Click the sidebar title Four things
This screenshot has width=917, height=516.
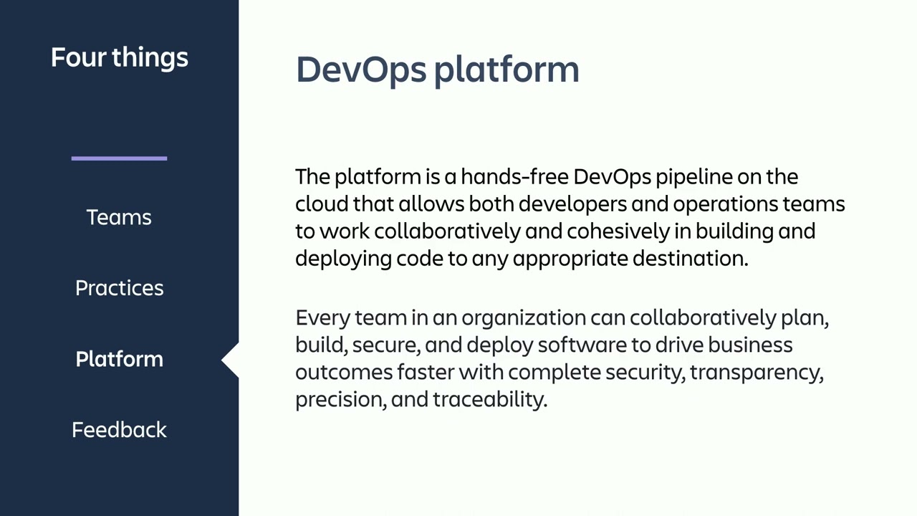point(119,57)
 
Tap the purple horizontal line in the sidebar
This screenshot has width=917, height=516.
point(119,158)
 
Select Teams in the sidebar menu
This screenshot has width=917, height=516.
point(119,217)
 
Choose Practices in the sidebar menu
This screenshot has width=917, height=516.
point(119,288)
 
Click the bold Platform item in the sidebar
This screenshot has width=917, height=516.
point(119,359)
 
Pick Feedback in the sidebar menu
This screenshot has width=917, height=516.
point(119,430)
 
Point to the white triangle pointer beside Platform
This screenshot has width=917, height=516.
point(231,359)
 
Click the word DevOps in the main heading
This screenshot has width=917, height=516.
point(360,70)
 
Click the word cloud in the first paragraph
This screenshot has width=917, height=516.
point(321,204)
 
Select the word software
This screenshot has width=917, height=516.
point(582,345)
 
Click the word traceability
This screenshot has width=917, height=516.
point(489,400)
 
